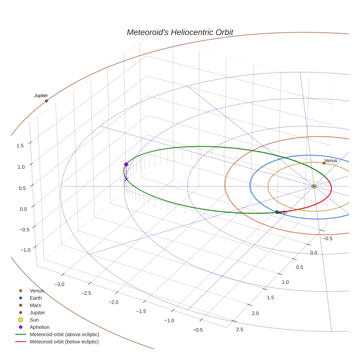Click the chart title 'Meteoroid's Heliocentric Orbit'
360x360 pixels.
coord(180,32)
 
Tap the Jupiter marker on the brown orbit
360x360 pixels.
coord(46,101)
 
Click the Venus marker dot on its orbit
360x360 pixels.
coord(324,163)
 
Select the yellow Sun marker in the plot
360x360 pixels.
coord(314,186)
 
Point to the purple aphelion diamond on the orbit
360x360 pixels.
coord(126,164)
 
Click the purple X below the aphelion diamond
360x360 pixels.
coord(127,179)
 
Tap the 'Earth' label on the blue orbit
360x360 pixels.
coord(281,212)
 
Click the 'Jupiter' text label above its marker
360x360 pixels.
coord(41,95)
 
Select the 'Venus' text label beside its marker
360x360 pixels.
coord(331,161)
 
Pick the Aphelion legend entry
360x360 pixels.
coord(40,327)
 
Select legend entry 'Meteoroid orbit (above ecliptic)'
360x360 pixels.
coord(64,334)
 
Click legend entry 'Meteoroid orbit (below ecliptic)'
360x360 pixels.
coord(64,342)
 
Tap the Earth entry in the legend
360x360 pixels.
coord(36,298)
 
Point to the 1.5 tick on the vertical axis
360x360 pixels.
coord(20,146)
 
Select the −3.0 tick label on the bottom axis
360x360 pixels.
coord(59,284)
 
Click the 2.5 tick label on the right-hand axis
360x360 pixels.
coord(240,330)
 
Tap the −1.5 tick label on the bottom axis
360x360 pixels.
coord(141,311)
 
